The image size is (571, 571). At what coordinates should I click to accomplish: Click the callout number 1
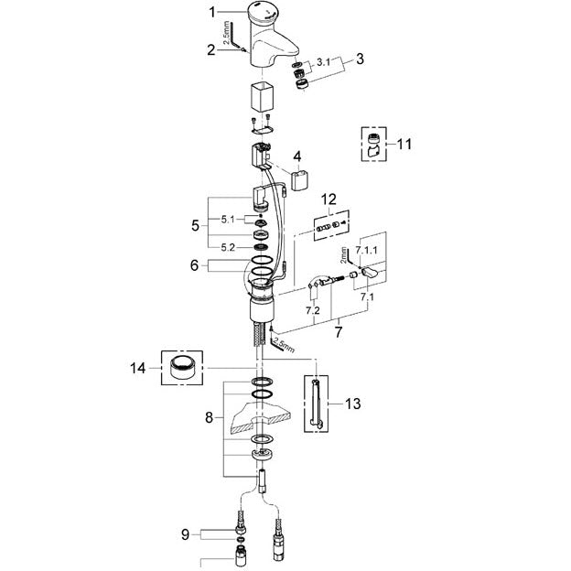coord(212,13)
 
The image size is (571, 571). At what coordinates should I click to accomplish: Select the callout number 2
coord(211,50)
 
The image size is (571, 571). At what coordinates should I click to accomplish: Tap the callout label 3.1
coord(323,62)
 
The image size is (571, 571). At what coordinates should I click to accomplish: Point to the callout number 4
coord(297,156)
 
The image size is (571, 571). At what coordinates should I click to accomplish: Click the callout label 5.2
coord(228,248)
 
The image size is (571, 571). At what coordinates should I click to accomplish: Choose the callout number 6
coord(195,265)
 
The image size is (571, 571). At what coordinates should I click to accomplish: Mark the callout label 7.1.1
coord(366,250)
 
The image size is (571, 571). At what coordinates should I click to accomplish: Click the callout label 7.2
coord(312,310)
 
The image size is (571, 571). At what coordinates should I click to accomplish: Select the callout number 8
coord(209,417)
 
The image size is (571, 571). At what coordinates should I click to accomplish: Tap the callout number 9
coord(186,535)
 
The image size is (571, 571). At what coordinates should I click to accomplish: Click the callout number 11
coord(404,145)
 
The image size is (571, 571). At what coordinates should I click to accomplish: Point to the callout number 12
coord(329,199)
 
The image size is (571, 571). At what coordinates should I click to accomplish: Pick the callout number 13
coord(352,404)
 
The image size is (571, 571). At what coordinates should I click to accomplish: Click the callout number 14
coord(138,368)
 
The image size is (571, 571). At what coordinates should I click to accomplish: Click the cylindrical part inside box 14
coord(182,368)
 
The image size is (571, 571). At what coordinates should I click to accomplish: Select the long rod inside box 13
coord(316,404)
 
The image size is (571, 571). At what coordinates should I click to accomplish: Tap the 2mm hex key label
coord(344,254)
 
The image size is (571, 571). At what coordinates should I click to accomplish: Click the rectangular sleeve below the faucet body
coord(262,97)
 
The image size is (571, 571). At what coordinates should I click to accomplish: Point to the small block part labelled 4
coord(300,178)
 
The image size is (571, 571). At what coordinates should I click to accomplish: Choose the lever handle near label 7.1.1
coord(371,272)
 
